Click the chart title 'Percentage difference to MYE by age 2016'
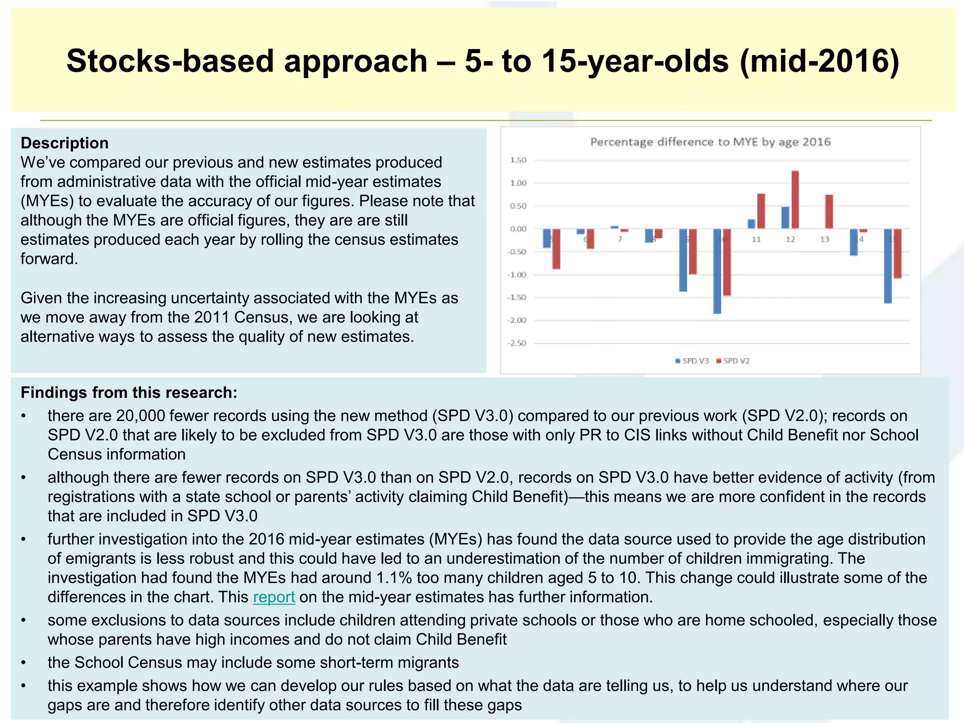click(x=710, y=142)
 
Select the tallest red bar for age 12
click(x=795, y=200)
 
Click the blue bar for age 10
click(x=717, y=271)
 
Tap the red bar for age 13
click(x=829, y=212)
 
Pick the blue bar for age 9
click(x=683, y=260)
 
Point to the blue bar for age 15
click(x=888, y=266)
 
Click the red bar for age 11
click(x=761, y=211)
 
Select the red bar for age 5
click(x=556, y=249)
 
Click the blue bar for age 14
click(x=854, y=242)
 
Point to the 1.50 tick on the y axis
click(x=518, y=160)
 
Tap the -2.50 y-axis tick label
click(x=517, y=343)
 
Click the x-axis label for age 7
click(x=620, y=239)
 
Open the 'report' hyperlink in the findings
click(x=274, y=597)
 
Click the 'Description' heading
click(x=64, y=143)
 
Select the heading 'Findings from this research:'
click(x=129, y=393)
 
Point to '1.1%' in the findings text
click(x=394, y=578)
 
